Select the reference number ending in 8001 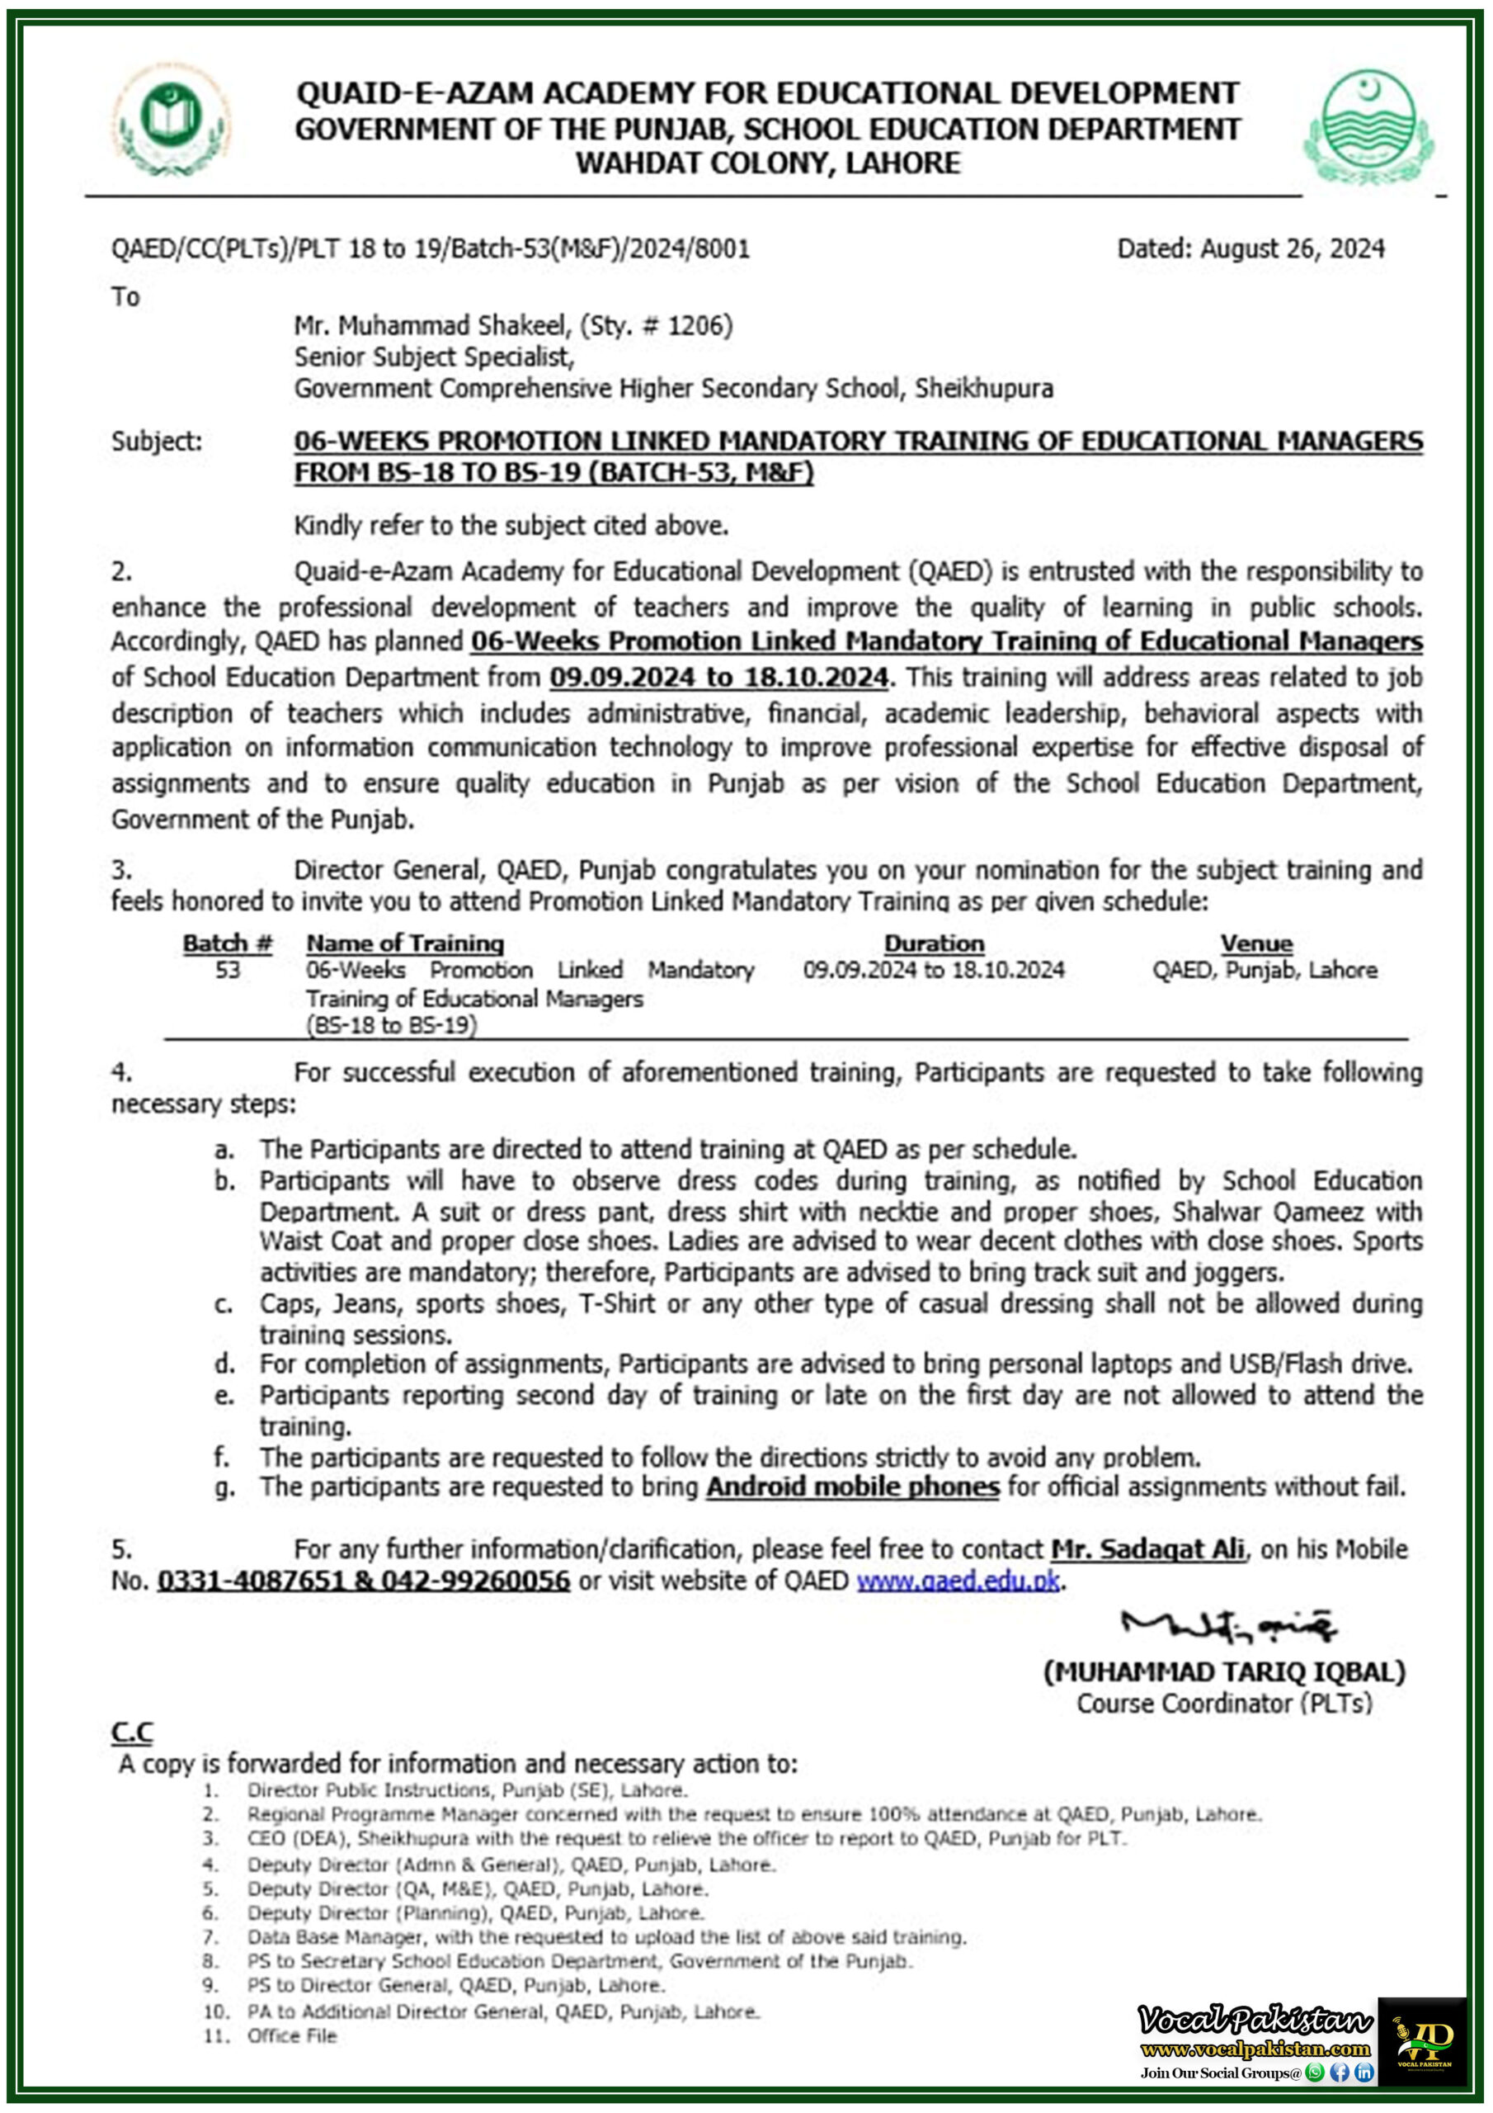pos(431,248)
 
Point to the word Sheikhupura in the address pos(983,389)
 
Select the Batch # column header pos(227,943)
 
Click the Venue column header pos(1255,943)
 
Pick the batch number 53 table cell pos(227,970)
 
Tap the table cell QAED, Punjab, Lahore pos(1264,970)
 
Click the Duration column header pos(934,943)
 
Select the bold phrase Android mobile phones pos(852,1487)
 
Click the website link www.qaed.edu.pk pos(958,1581)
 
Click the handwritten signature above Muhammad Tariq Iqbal pos(1227,1627)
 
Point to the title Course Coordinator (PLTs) pos(1223,1704)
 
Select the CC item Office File pos(292,2035)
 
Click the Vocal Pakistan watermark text pos(1255,2021)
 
